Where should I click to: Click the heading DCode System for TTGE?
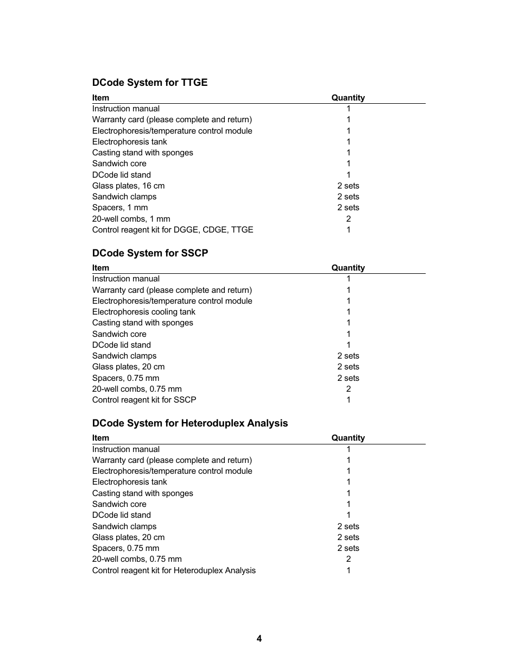(x=149, y=83)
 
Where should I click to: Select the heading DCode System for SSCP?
(x=150, y=253)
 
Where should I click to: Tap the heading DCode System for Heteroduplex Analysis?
(x=189, y=423)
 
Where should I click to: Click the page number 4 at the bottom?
(x=259, y=638)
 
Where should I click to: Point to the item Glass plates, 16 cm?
(x=128, y=186)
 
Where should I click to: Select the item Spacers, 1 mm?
(x=119, y=208)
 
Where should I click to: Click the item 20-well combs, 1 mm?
(x=131, y=219)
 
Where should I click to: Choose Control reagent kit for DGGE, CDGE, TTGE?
(x=172, y=230)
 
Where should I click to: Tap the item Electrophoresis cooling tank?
(x=143, y=312)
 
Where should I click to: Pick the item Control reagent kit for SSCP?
(x=144, y=400)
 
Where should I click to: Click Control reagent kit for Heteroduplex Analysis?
(x=174, y=570)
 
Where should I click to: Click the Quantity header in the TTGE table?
(x=348, y=98)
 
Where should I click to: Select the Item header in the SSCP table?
(x=100, y=268)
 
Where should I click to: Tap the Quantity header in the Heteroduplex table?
(x=348, y=438)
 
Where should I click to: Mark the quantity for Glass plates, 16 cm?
(x=348, y=186)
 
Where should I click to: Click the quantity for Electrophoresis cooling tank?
(x=348, y=312)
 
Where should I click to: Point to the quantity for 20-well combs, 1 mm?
(x=348, y=219)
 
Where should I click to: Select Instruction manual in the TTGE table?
(x=125, y=109)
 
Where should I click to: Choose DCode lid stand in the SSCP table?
(x=121, y=345)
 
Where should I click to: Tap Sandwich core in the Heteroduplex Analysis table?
(x=119, y=504)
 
